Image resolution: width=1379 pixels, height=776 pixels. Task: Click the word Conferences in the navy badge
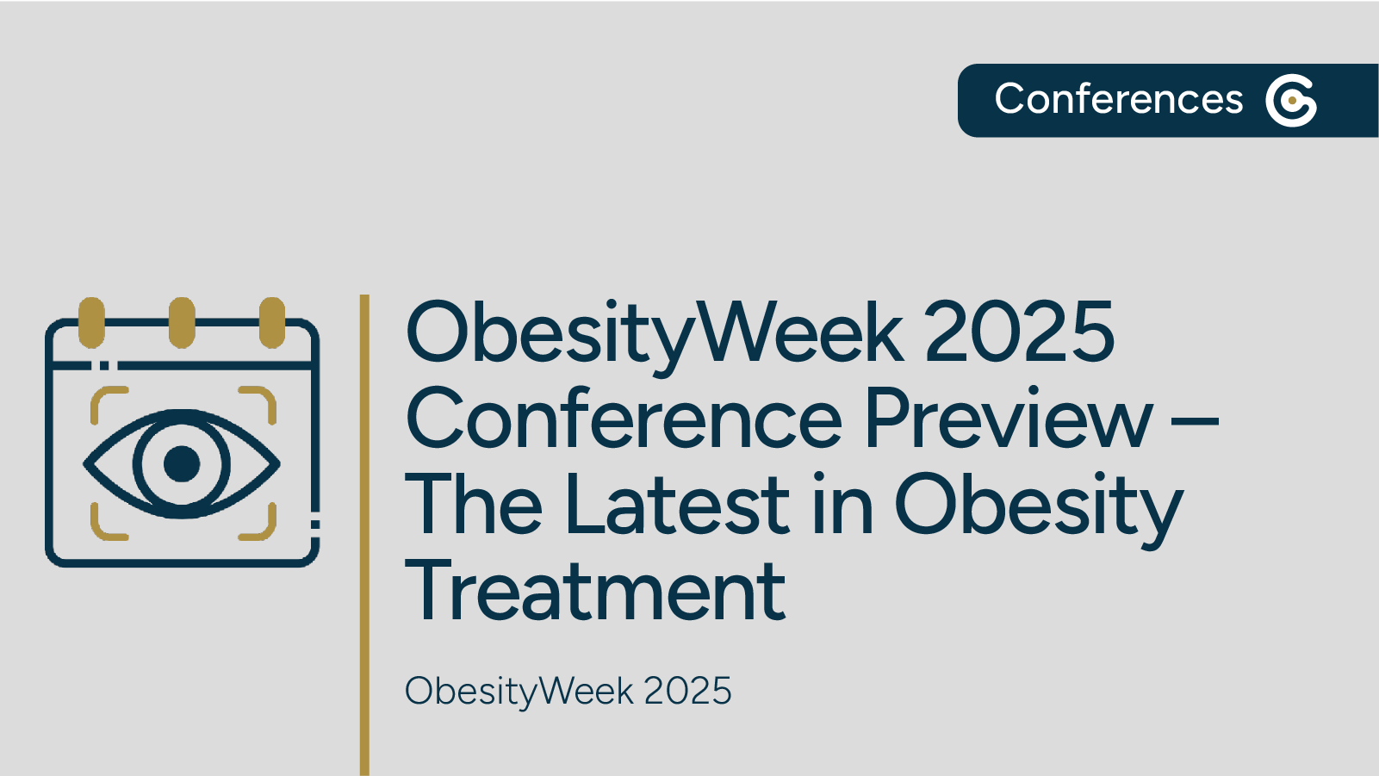click(x=1119, y=99)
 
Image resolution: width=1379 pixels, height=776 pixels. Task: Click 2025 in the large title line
click(x=1020, y=331)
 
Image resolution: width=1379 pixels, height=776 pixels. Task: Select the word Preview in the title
click(x=1009, y=417)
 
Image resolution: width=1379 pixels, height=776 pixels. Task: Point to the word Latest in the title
click(x=676, y=503)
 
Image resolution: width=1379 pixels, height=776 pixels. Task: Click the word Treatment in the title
click(x=594, y=589)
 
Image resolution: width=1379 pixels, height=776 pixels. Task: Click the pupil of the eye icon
click(x=183, y=463)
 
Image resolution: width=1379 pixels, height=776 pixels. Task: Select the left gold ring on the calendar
click(x=91, y=322)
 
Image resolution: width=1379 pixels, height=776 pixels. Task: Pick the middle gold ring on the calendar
click(x=183, y=322)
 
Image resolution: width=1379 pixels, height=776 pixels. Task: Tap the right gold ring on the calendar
click(x=272, y=322)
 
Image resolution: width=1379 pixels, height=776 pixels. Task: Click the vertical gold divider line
click(x=364, y=535)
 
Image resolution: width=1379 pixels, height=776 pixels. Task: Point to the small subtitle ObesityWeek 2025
click(x=568, y=691)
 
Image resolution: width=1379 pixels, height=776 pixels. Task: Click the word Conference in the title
click(x=624, y=417)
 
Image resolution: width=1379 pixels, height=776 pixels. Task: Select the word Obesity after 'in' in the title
click(x=1039, y=511)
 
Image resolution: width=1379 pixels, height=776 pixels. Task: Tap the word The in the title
click(x=474, y=503)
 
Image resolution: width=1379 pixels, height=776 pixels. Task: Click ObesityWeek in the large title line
click(x=655, y=338)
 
